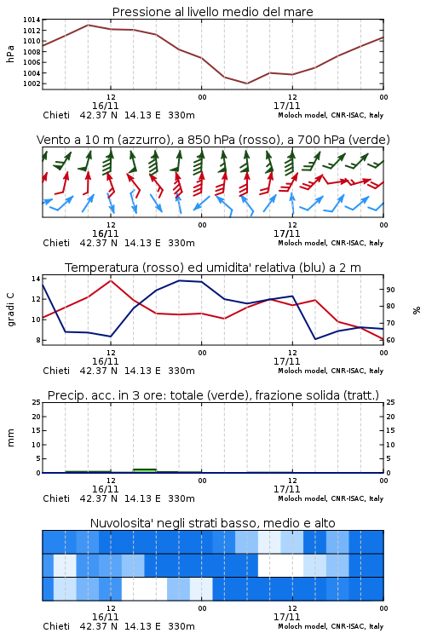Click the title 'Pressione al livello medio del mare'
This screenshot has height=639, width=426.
click(x=212, y=12)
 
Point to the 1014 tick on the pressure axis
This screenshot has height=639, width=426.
click(x=32, y=20)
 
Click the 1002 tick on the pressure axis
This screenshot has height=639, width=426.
click(x=32, y=83)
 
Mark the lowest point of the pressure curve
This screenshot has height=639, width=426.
click(x=246, y=83)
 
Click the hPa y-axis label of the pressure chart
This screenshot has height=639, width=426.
click(x=10, y=54)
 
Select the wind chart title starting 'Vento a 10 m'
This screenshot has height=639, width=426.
click(x=213, y=140)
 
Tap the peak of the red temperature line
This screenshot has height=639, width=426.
click(x=111, y=280)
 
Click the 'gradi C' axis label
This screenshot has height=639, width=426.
click(x=10, y=310)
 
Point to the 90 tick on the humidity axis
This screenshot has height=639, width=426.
click(x=390, y=290)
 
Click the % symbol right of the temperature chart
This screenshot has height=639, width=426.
click(x=417, y=310)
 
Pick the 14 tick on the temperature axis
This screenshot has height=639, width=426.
click(x=36, y=279)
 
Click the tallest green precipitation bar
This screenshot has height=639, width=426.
click(x=145, y=470)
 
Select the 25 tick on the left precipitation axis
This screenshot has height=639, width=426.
click(x=36, y=402)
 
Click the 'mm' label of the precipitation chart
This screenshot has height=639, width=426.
click(x=10, y=438)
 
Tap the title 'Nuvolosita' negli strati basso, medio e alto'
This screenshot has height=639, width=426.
click(x=212, y=523)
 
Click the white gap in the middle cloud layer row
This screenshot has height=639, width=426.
click(x=280, y=565)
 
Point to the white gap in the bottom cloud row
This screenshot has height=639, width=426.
click(x=144, y=589)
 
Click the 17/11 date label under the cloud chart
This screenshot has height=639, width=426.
click(x=286, y=617)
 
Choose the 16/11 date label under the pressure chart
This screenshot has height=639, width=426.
click(x=105, y=106)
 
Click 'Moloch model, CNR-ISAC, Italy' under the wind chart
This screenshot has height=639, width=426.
click(x=331, y=243)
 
